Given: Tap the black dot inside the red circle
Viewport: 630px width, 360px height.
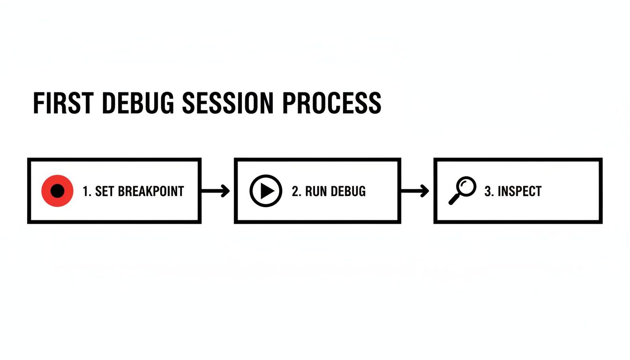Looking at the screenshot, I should pyautogui.click(x=57, y=191).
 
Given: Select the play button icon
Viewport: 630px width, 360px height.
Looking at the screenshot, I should pyautogui.click(x=266, y=191).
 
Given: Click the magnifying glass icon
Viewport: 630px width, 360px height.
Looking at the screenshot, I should pyautogui.click(x=462, y=190).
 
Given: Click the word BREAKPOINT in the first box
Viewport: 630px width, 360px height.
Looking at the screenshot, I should pyautogui.click(x=151, y=191).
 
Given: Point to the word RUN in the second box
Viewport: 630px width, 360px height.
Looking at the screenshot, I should pyautogui.click(x=316, y=191).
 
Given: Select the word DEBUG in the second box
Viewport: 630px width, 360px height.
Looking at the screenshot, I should pyautogui.click(x=348, y=191).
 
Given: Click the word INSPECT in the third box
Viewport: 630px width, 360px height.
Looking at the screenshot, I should pyautogui.click(x=519, y=191).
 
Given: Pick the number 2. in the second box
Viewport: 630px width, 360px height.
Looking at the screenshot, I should pyautogui.click(x=296, y=191).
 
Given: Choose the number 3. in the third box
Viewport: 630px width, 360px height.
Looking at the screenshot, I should pyautogui.click(x=489, y=191).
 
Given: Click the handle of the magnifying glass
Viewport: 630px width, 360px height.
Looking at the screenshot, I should pyautogui.click(x=454, y=200).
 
